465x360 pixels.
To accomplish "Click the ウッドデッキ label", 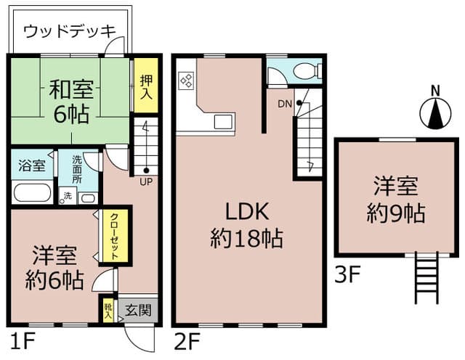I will point(70,31).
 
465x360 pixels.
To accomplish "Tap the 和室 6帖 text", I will point(70,102).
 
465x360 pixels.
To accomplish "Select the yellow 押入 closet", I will point(145,86).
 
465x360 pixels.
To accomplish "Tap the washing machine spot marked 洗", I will point(67,196).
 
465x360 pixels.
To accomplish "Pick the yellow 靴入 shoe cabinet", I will point(108,311).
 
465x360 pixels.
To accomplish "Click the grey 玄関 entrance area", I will point(138,310).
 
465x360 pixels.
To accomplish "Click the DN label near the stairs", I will point(285,103).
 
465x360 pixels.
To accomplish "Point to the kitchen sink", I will point(222,120).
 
